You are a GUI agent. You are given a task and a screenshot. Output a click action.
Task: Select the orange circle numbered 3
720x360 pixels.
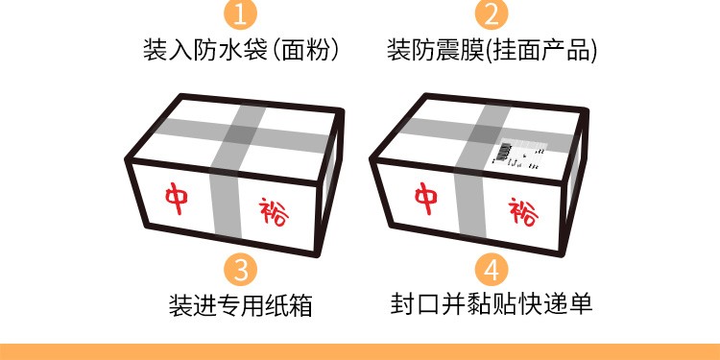click(x=240, y=269)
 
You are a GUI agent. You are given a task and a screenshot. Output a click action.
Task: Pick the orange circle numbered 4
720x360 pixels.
click(x=492, y=269)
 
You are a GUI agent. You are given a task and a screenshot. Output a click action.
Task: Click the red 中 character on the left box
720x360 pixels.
click(x=177, y=199)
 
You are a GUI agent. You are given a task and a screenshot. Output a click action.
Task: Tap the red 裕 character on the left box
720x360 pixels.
click(x=274, y=211)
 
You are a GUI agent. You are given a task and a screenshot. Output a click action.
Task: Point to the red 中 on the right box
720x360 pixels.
click(x=426, y=199)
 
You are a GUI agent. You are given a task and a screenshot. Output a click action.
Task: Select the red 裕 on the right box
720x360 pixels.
click(x=523, y=211)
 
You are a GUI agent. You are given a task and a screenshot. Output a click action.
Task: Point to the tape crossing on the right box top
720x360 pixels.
click(x=487, y=133)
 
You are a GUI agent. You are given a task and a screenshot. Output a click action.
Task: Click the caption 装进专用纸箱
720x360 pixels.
click(x=240, y=305)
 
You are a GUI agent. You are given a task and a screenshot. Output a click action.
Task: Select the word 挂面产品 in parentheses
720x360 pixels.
click(x=540, y=50)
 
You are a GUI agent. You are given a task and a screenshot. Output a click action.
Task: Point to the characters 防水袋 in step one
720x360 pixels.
click(x=230, y=50)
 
